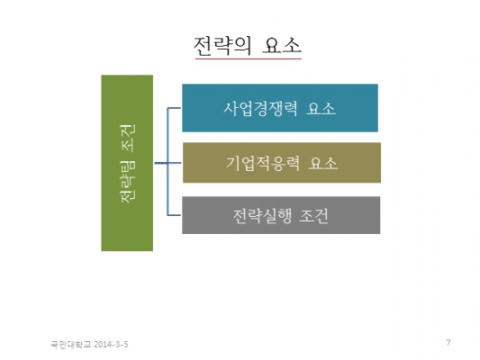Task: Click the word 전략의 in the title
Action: (x=222, y=46)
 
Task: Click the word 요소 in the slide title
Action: (x=282, y=46)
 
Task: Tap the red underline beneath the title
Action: (x=249, y=58)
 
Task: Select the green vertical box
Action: (x=127, y=163)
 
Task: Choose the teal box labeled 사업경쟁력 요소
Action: (x=280, y=108)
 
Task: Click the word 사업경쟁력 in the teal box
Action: (x=260, y=108)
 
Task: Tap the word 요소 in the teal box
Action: (x=321, y=108)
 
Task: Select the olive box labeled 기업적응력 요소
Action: (x=282, y=162)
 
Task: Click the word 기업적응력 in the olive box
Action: (x=263, y=163)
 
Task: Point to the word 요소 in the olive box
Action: (x=323, y=163)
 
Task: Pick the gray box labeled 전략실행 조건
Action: (x=281, y=215)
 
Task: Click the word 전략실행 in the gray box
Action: (x=262, y=216)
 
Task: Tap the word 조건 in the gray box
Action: (x=313, y=216)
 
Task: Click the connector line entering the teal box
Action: (x=174, y=108)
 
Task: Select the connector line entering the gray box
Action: (x=174, y=215)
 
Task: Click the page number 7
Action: (x=448, y=343)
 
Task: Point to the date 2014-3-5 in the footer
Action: (x=111, y=345)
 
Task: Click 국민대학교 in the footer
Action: (x=71, y=345)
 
